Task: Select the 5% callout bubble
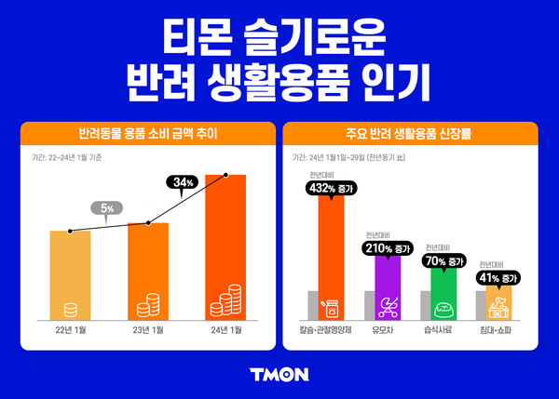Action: click(108, 208)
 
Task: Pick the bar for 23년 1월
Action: click(148, 270)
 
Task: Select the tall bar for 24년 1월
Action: click(225, 246)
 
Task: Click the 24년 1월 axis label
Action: click(225, 330)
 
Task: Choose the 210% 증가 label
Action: click(387, 248)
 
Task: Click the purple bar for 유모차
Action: click(387, 288)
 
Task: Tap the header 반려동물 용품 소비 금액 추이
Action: click(148, 133)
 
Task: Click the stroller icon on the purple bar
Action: click(387, 306)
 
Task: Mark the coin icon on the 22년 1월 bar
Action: click(70, 310)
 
